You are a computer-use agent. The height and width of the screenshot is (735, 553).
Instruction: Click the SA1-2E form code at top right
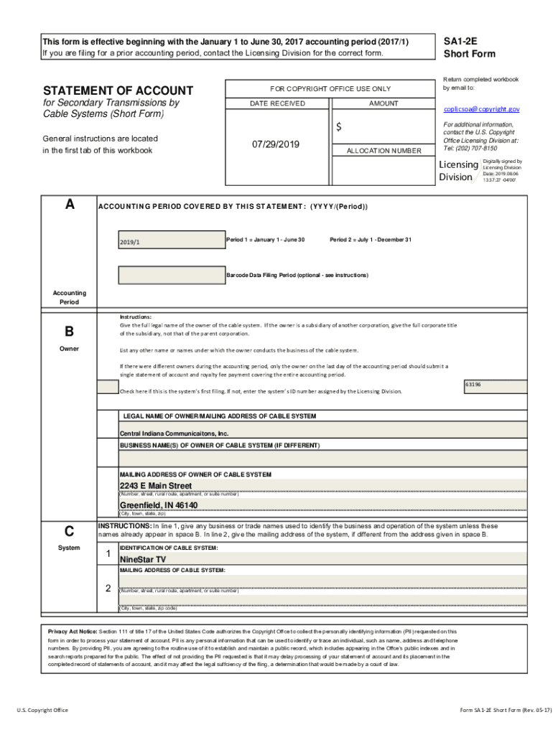pyautogui.click(x=460, y=42)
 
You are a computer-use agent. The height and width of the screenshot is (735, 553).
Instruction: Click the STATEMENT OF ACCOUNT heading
pyautogui.click(x=118, y=90)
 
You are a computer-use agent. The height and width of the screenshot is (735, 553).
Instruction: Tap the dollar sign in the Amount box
pyautogui.click(x=340, y=127)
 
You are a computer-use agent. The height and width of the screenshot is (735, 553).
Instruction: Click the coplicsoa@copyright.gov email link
pyautogui.click(x=481, y=109)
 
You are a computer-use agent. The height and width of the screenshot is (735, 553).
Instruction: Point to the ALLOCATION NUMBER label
pyautogui.click(x=384, y=151)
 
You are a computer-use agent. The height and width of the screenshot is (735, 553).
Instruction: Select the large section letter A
pyautogui.click(x=69, y=205)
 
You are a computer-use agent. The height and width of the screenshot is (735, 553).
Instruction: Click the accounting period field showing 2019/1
pyautogui.click(x=170, y=241)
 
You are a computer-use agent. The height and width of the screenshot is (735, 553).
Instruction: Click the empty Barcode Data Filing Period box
pyautogui.click(x=170, y=275)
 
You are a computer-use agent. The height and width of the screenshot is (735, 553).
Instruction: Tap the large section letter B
pyautogui.click(x=69, y=332)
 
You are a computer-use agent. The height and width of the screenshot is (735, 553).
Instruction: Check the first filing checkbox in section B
pyautogui.click(x=108, y=387)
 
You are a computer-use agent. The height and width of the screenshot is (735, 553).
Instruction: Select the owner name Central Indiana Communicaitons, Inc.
pyautogui.click(x=174, y=434)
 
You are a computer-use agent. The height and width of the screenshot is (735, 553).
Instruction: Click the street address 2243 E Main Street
pyautogui.click(x=155, y=486)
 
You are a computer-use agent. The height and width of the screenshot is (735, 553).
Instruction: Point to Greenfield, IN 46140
pyautogui.click(x=158, y=505)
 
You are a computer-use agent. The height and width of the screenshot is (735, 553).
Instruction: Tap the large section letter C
pyautogui.click(x=69, y=532)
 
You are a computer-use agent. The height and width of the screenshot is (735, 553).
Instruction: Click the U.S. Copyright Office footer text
pyautogui.click(x=43, y=710)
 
